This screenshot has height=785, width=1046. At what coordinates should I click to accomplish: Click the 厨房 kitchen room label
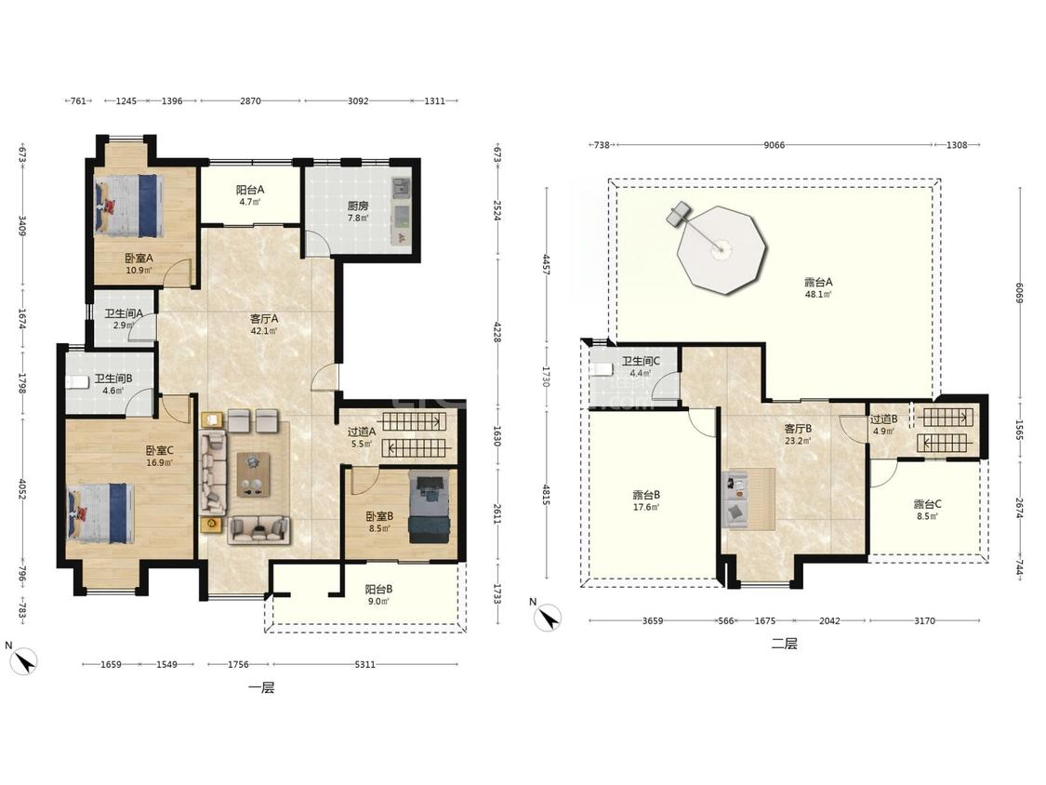coord(358,206)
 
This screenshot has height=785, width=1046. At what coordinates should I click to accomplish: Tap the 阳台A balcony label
coord(250,190)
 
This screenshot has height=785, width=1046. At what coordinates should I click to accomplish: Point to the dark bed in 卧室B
coord(429,507)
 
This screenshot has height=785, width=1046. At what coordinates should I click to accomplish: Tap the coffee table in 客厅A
coord(254,474)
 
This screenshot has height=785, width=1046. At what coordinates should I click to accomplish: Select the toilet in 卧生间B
coord(74,382)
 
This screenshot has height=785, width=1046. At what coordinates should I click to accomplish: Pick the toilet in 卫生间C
coord(602,369)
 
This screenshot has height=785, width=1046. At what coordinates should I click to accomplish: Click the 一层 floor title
coord(261,687)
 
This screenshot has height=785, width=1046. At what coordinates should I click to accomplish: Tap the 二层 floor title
coord(785,644)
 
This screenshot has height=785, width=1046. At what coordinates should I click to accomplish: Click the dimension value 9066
coord(774,145)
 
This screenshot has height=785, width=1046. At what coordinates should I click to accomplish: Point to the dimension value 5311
coord(364,664)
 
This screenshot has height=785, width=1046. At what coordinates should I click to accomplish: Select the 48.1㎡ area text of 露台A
coord(818,294)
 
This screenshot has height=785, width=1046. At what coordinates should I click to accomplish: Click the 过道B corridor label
coord(883,419)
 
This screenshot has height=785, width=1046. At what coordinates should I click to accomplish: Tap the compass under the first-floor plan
coord(24,661)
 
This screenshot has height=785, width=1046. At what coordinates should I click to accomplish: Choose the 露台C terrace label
coord(927,504)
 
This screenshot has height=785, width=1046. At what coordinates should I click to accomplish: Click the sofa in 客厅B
coord(735,499)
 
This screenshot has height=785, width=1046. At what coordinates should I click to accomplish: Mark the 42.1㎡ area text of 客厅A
coord(264,330)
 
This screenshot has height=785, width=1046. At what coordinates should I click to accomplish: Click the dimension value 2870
coord(250,100)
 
